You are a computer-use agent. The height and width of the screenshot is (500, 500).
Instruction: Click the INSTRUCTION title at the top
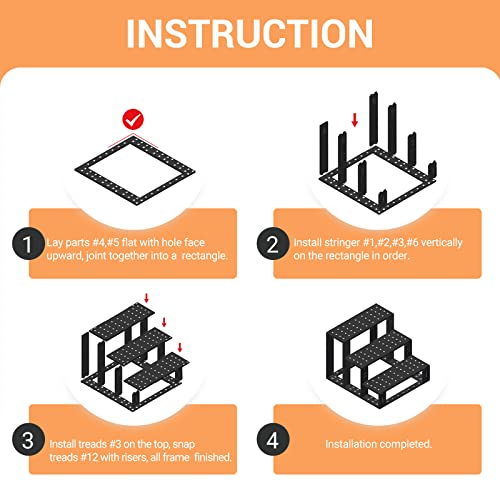pos(250,32)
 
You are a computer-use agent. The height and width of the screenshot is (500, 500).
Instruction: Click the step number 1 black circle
pos(29,243)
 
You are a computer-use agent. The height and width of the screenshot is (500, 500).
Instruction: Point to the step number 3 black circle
pos(29,440)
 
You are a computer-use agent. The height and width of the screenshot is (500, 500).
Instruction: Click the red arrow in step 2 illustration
pos(355,120)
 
